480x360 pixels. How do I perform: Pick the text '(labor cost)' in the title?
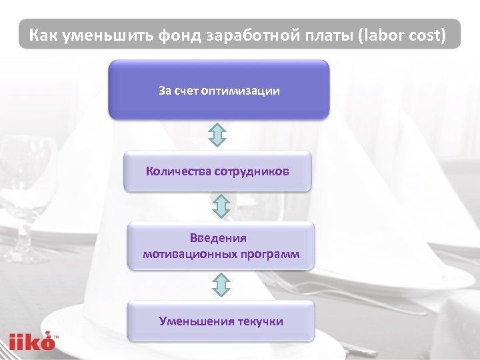(402, 35)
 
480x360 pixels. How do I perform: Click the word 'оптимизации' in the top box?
(245, 91)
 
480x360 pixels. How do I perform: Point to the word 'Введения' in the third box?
(218, 238)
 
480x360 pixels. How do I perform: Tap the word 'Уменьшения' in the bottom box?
(193, 321)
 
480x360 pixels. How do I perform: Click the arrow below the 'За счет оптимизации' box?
(219, 135)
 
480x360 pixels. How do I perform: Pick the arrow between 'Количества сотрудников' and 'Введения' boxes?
(220, 207)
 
